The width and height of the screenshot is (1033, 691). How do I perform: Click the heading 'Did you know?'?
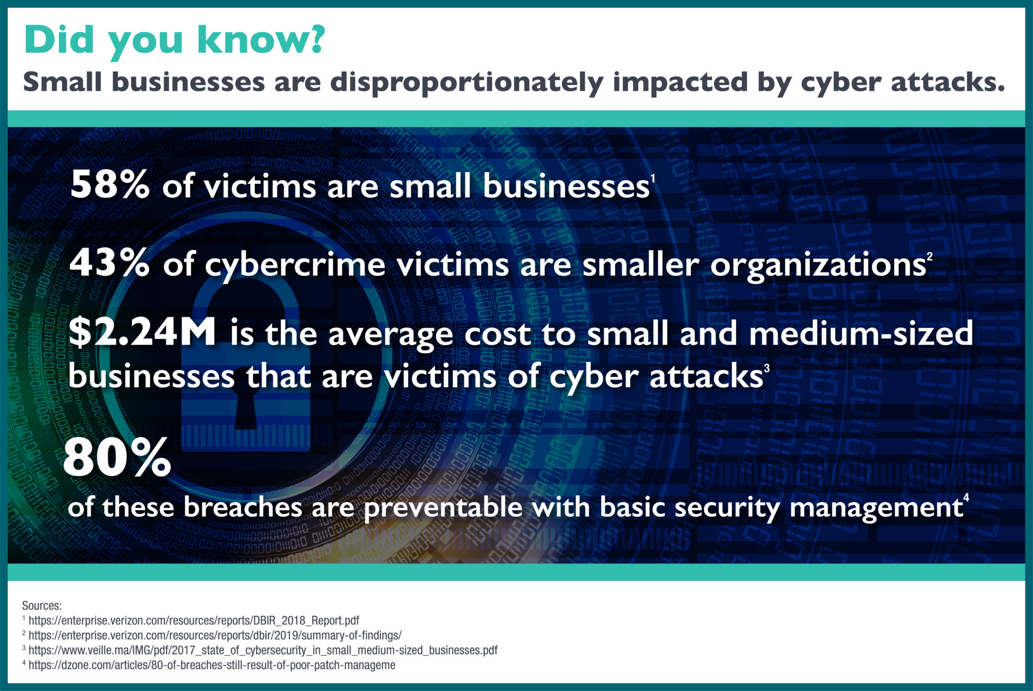174,40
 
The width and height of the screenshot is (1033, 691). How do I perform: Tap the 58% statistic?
109,185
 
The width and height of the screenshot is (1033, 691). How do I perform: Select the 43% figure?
109,264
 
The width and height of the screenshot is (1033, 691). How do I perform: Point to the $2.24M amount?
142,334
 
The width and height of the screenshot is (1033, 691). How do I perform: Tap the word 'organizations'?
817,266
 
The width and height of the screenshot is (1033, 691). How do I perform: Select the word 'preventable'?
442,508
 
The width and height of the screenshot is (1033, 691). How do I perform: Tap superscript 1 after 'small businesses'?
652,178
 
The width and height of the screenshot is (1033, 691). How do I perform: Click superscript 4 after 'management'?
966,498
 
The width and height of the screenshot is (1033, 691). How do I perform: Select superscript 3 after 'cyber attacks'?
767,368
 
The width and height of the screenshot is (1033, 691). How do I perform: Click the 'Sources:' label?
42,606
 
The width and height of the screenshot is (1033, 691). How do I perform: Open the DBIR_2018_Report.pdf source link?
194,620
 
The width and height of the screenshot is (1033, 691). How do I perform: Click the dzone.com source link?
212,665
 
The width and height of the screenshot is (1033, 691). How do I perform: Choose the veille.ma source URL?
263,650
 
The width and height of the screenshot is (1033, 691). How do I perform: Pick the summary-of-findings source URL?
215,635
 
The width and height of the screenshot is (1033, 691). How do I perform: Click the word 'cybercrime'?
295,266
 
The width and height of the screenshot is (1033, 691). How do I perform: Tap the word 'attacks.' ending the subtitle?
948,83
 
